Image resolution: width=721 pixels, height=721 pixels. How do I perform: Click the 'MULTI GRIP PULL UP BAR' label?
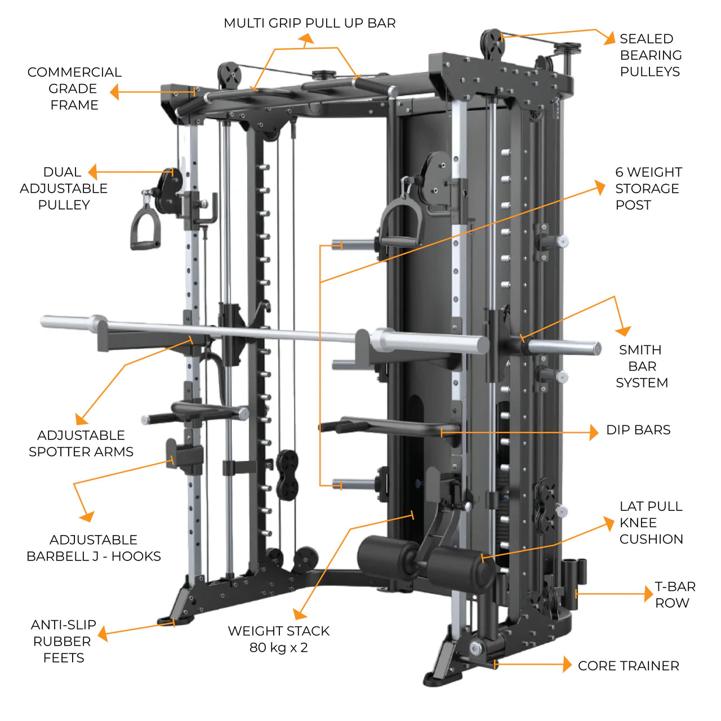[309, 23]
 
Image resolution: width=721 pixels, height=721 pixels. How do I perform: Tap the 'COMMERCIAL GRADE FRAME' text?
[74, 88]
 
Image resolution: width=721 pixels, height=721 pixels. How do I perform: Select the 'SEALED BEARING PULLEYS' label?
[650, 55]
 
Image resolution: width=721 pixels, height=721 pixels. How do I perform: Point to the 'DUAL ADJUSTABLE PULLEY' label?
[63, 188]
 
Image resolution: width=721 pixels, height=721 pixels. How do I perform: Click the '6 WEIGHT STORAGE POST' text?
[648, 188]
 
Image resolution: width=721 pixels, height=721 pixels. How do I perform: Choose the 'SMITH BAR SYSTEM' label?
[642, 366]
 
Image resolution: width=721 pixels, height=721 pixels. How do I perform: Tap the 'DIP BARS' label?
[638, 430]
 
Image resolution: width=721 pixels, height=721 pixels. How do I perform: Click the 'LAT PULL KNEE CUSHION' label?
[651, 523]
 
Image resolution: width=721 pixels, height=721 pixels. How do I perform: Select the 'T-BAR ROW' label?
[674, 595]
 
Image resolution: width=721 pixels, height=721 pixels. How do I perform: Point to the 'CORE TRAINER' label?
[628, 666]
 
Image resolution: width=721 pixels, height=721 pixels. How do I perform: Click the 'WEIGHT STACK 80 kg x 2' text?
[278, 639]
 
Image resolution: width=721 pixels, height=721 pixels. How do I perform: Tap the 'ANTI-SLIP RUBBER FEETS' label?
[63, 641]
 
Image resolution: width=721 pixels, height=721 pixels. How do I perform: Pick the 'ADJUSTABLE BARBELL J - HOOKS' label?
[94, 548]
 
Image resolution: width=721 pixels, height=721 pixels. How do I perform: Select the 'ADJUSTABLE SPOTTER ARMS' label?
[81, 443]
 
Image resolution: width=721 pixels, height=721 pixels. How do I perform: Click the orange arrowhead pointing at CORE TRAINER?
[567, 665]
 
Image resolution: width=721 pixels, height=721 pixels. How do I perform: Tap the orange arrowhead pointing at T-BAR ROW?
[648, 594]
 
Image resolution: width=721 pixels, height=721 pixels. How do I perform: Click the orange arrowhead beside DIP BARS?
[593, 432]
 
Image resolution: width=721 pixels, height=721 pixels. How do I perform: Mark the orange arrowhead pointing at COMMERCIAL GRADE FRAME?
[115, 92]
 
